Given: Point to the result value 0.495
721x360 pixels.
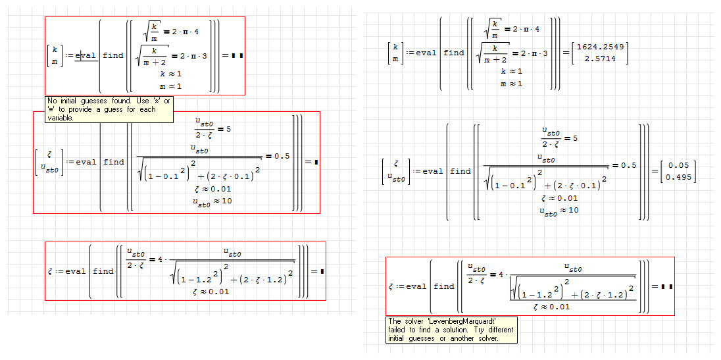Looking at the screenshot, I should [679, 177].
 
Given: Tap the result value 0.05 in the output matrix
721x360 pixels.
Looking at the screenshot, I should [679, 166].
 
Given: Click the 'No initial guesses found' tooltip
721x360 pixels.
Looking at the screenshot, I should [109, 109].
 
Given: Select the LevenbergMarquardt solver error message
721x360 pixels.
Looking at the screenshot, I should [451, 330].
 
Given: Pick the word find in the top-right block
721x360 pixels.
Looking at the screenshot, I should [454, 53].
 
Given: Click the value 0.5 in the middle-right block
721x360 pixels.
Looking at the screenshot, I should [628, 165].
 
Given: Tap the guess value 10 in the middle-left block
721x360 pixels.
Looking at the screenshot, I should [227, 201].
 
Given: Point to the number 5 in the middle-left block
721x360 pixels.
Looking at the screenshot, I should [228, 129].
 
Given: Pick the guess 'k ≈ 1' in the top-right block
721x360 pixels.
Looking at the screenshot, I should [511, 71].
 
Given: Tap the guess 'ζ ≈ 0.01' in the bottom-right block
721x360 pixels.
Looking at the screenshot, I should [551, 307].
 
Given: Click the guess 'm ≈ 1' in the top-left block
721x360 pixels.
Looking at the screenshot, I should [170, 86].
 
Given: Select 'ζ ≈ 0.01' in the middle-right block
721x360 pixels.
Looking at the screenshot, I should [559, 198].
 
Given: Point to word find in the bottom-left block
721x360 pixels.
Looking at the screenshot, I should [103, 271].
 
